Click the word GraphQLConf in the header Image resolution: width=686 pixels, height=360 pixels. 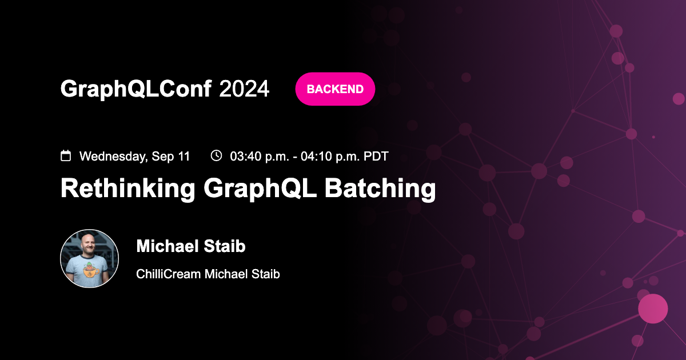(136, 89)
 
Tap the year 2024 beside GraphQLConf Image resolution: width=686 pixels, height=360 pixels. (244, 89)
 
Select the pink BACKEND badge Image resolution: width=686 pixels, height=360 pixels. (335, 89)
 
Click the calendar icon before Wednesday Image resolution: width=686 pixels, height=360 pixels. (66, 155)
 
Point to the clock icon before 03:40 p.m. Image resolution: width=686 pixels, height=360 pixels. (216, 155)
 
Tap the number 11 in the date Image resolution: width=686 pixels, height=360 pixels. (184, 156)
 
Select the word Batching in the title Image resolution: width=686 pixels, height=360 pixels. (380, 189)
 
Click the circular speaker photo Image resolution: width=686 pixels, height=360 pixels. (90, 258)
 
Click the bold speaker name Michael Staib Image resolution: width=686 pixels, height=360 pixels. (191, 246)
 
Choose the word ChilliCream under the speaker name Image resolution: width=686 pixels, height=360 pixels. (169, 274)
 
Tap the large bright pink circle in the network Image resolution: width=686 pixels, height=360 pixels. (653, 309)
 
